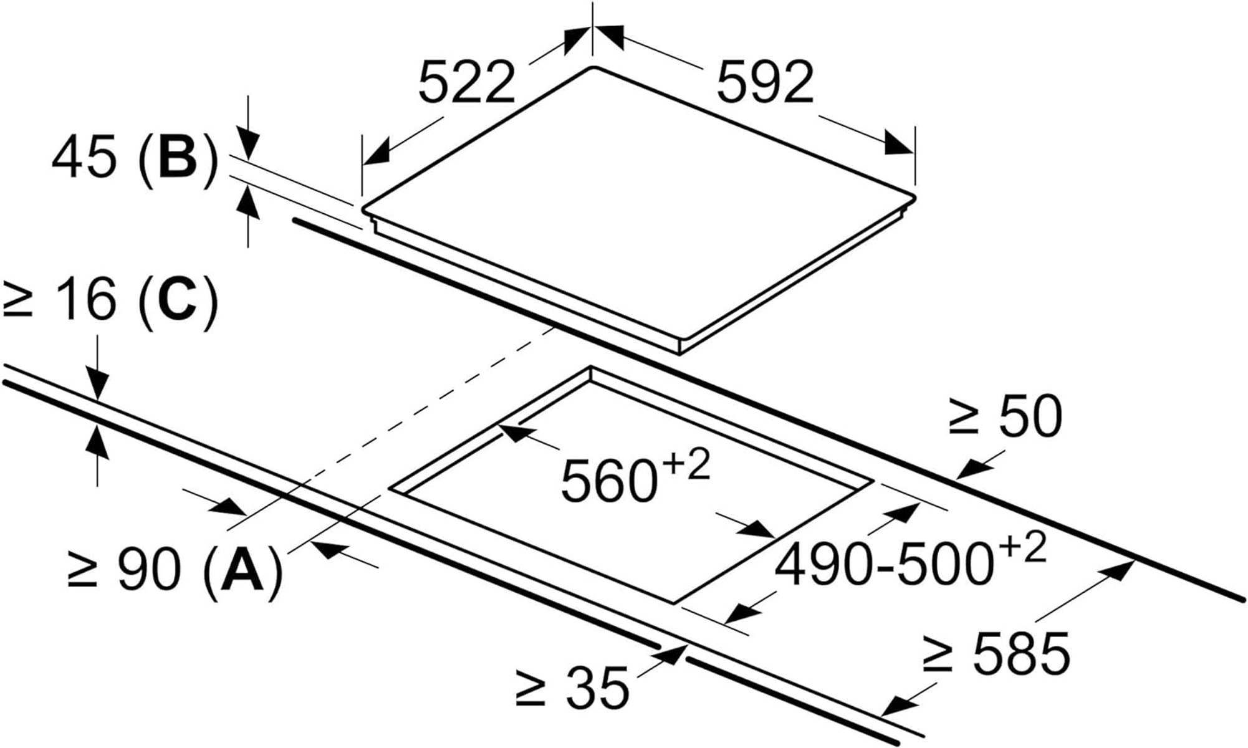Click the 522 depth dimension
click(x=467, y=82)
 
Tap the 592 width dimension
click(x=766, y=82)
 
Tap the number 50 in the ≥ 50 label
click(x=1030, y=416)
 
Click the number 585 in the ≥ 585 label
click(x=1021, y=653)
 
